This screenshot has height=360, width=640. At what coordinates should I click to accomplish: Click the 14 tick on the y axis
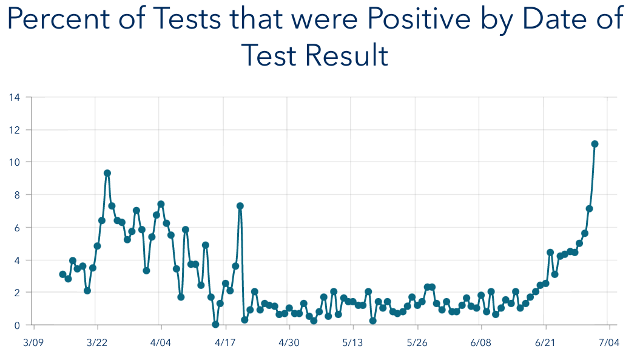pyautogui.click(x=14, y=97)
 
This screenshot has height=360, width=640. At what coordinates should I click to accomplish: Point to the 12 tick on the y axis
pyautogui.click(x=14, y=130)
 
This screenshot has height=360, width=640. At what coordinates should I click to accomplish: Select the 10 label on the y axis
pyautogui.click(x=14, y=162)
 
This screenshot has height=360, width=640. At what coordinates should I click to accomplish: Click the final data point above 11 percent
pyautogui.click(x=595, y=144)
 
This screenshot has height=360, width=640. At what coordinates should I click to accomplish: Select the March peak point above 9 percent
pyautogui.click(x=107, y=173)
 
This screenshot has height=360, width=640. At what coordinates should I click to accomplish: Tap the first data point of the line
pyautogui.click(x=62, y=274)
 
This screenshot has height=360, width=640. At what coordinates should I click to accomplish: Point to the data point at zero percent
pyautogui.click(x=215, y=324)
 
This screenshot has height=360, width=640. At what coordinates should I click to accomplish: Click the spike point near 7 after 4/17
pyautogui.click(x=240, y=206)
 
